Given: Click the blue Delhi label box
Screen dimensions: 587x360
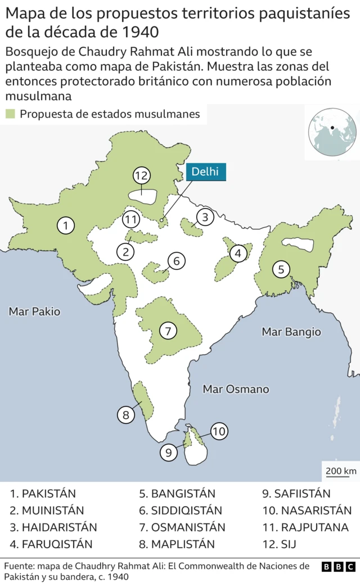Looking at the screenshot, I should pos(205,172).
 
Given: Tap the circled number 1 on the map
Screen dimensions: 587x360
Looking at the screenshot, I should pos(66,226).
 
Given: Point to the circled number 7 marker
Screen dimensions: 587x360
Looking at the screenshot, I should pos(168,331).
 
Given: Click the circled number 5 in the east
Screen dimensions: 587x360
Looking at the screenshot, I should pos(281,269).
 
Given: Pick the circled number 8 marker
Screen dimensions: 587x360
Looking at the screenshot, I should pos(125,416).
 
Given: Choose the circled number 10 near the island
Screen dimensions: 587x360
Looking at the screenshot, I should pos(219,431).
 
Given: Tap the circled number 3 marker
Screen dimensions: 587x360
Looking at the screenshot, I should pos(205,216).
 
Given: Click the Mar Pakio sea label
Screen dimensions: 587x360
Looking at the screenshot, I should pos(34,311).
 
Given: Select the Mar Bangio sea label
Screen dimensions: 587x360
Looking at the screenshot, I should pos(291,332).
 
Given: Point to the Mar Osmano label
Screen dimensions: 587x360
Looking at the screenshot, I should pos(236,389).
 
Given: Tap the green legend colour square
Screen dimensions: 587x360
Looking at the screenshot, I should pos(10,114).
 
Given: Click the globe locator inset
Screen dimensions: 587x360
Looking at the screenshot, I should pos(332,133).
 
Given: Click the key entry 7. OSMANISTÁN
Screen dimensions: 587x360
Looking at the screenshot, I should pos(182,527).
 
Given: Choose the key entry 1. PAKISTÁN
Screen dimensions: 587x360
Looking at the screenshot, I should pos(43,494).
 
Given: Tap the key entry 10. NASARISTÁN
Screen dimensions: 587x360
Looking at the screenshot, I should pos(307,511).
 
